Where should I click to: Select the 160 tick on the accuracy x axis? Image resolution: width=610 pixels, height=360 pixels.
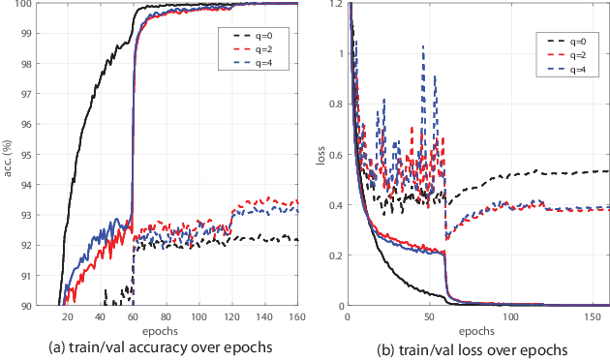[296, 315]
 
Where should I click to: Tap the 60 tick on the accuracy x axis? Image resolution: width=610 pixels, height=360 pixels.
[133, 315]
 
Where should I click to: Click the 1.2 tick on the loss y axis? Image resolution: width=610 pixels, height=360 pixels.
[333, 4]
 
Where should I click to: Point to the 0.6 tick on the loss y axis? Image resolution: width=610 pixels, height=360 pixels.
[333, 155]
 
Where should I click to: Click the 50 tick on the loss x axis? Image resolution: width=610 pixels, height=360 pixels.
[428, 315]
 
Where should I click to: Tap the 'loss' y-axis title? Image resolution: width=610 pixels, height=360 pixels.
[320, 155]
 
